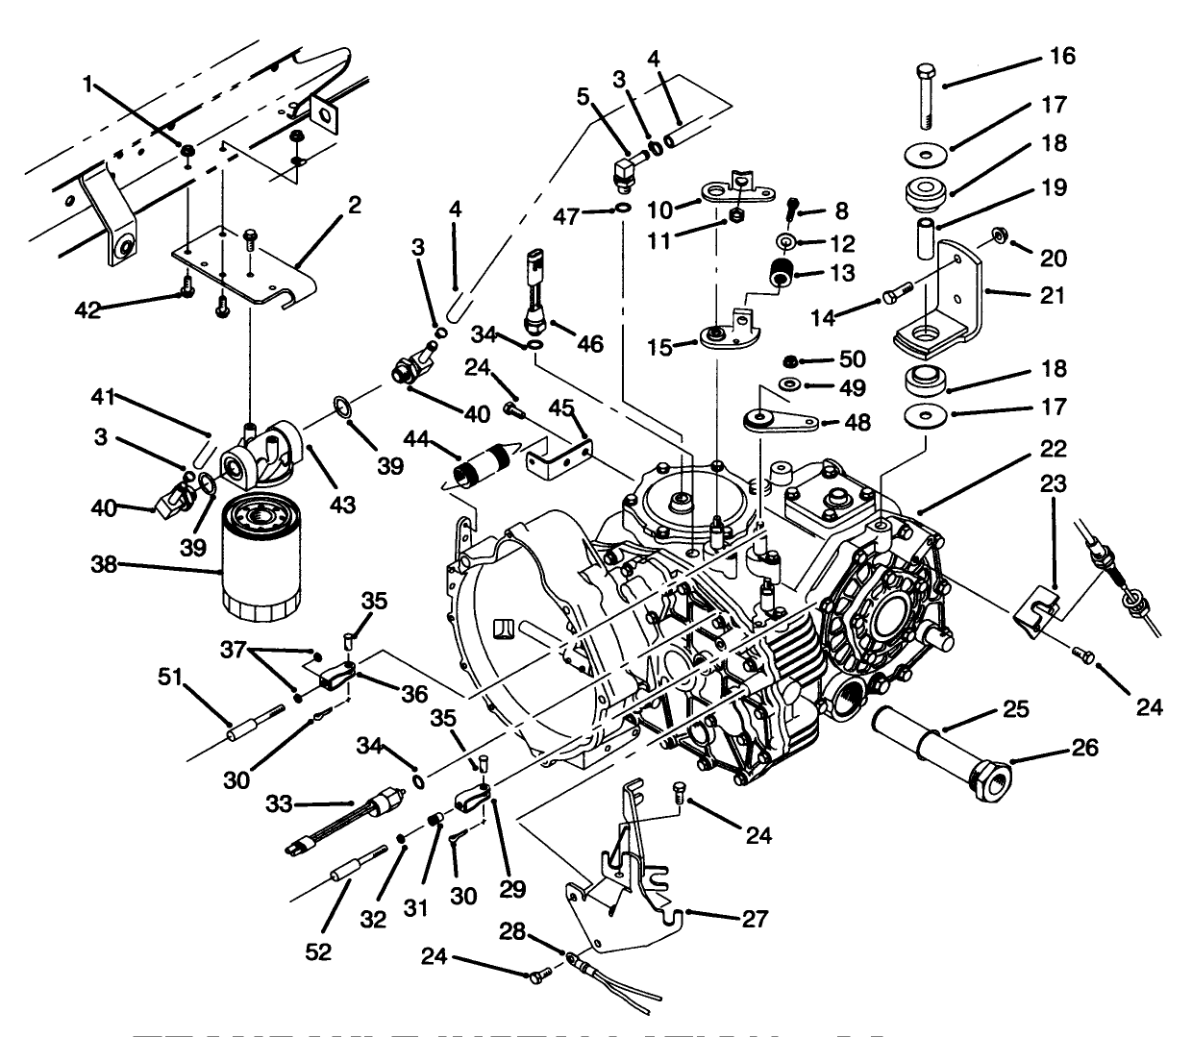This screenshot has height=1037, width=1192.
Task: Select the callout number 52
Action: [318, 951]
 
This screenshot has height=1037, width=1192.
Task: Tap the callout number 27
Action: [756, 919]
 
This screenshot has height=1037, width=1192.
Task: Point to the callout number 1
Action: [88, 85]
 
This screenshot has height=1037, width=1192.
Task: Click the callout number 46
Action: [590, 342]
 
